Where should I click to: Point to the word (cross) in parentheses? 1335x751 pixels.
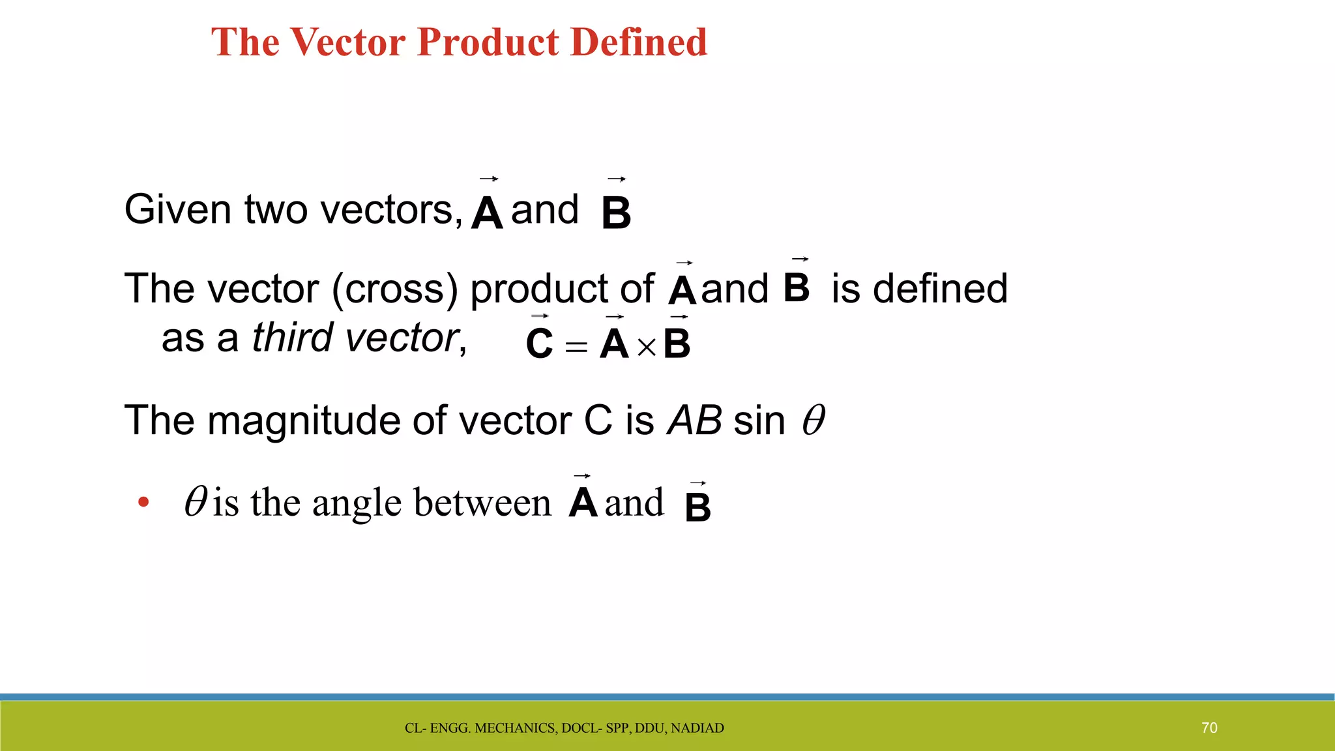coord(396,289)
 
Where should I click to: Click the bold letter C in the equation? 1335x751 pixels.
coord(539,344)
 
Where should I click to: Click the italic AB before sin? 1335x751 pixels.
coord(695,420)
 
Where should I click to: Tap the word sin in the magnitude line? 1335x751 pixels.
coord(759,420)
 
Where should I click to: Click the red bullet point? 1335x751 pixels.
coord(143,503)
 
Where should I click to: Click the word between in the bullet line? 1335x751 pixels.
coord(482,503)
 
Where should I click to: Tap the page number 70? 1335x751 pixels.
coord(1209,728)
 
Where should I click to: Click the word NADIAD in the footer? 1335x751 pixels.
coord(697,728)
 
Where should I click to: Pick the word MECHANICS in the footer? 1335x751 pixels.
coord(516,728)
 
